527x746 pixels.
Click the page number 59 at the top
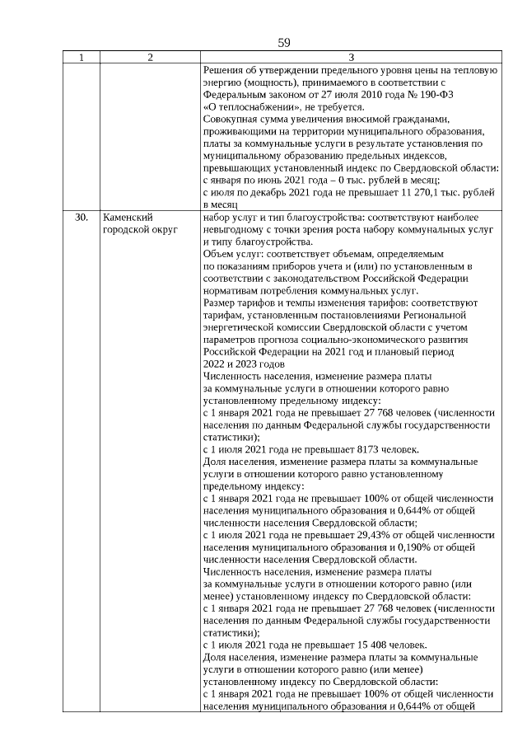pyautogui.click(x=284, y=42)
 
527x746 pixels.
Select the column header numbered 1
pyautogui.click(x=82, y=58)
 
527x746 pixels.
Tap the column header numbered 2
pyautogui.click(x=150, y=58)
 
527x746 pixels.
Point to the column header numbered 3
pyautogui.click(x=352, y=58)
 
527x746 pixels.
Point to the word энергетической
pyautogui.click(x=242, y=327)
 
